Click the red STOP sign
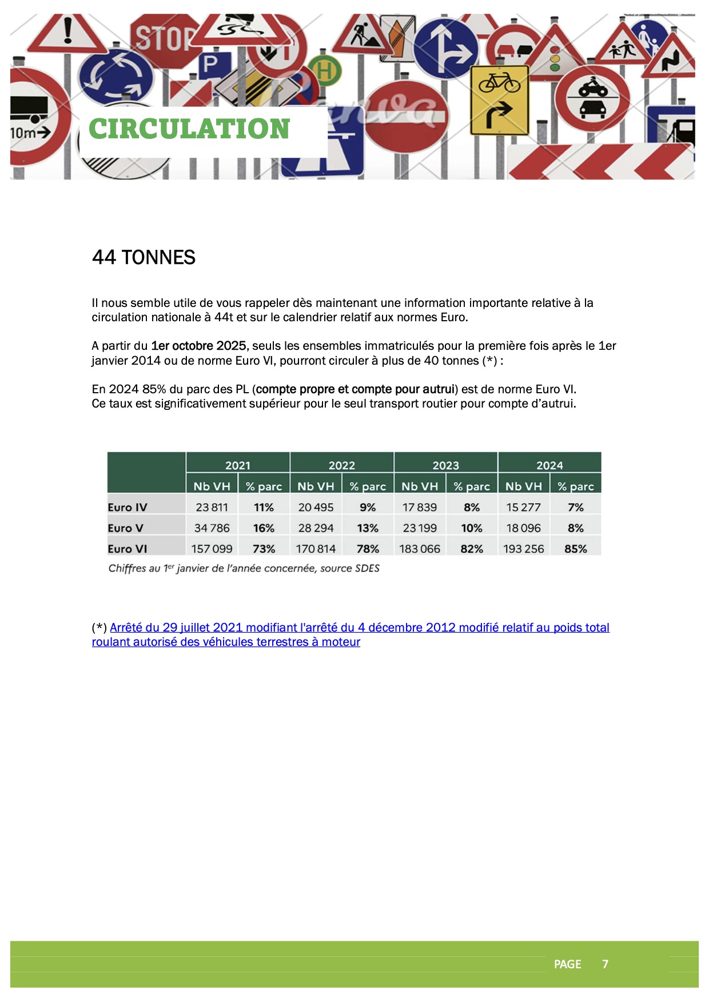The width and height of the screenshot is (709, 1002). (164, 39)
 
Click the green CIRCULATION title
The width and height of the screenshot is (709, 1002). (189, 129)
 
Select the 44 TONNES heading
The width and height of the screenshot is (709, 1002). (144, 257)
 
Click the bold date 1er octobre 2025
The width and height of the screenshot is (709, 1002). (198, 346)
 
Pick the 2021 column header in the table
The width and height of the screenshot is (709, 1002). (237, 465)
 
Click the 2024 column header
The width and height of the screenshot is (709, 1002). (549, 465)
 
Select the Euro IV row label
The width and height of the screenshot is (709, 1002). (128, 507)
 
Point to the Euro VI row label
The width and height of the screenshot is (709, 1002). (128, 549)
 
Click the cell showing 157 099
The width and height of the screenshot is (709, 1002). (212, 549)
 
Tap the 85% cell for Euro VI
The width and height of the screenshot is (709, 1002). (575, 549)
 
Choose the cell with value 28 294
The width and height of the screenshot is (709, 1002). (316, 528)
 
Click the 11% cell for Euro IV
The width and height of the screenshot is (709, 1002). (264, 507)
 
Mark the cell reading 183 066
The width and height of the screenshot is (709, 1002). (420, 549)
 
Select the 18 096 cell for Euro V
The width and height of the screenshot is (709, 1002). (524, 528)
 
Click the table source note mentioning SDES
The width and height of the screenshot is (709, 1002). (244, 568)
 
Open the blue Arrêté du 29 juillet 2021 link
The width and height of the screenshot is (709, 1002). (359, 628)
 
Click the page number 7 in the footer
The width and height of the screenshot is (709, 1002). (605, 964)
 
